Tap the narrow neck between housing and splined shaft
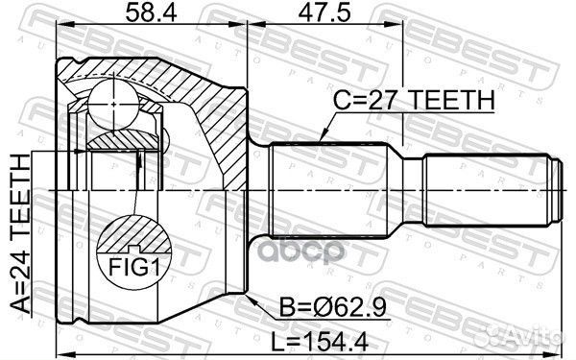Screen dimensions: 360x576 (258, 188)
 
